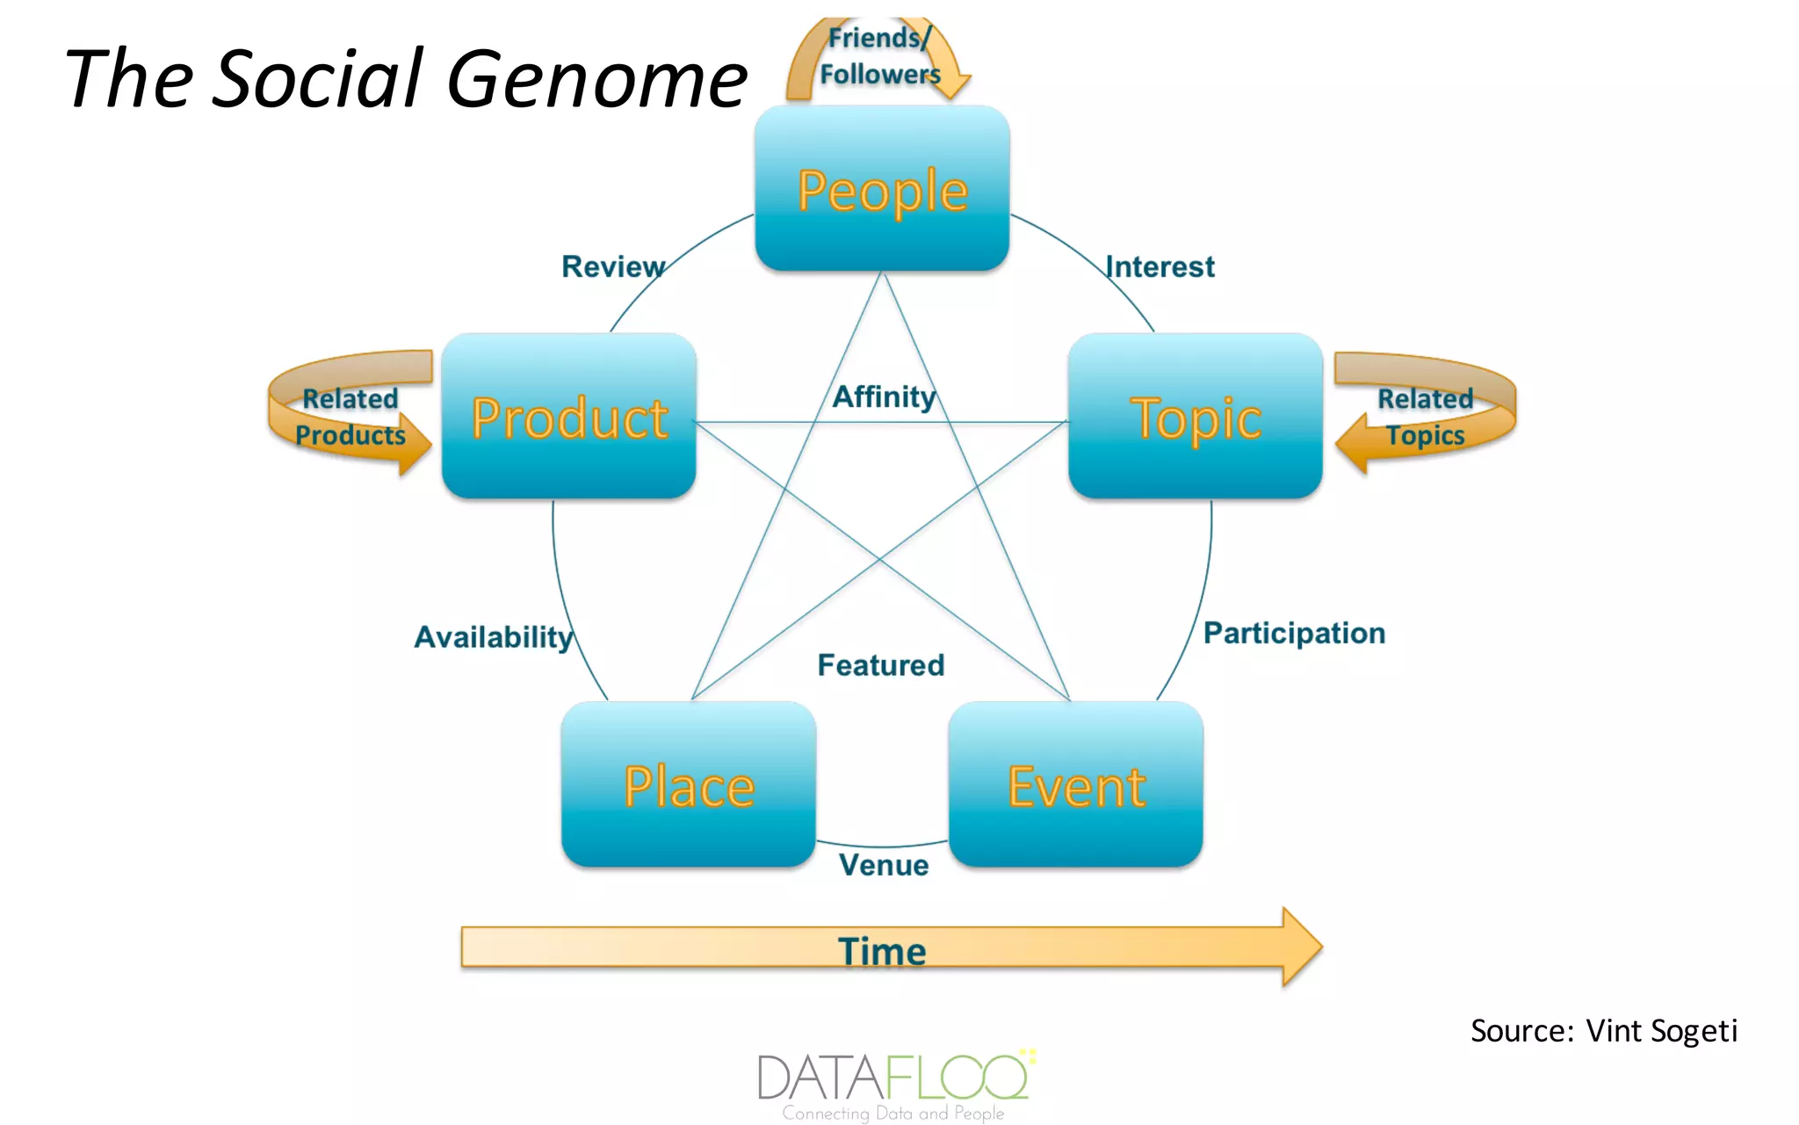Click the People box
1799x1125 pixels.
coord(882,188)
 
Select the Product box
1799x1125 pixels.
coord(569,416)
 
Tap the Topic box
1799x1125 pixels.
coord(1196,416)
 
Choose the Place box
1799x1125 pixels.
coord(689,784)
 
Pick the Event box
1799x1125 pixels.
coord(1076,784)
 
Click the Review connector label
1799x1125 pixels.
coord(613,266)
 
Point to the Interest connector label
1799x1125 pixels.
coord(1160,266)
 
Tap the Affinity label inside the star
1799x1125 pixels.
coord(884,396)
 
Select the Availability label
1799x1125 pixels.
coord(494,636)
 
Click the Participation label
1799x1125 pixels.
coord(1294,633)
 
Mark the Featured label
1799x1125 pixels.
coord(881,665)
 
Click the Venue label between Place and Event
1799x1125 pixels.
coord(884,865)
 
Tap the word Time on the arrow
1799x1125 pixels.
coord(882,951)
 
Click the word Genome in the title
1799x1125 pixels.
coord(597,79)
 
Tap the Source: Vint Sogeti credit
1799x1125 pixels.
coord(1604,1030)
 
